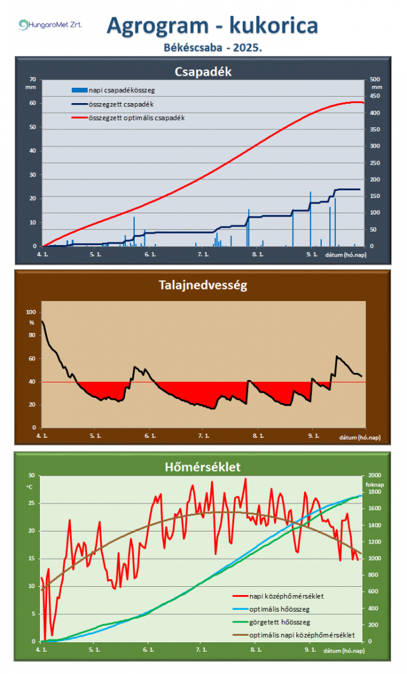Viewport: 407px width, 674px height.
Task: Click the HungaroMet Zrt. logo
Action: coord(50,25)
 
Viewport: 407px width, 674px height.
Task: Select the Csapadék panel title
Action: coord(203,72)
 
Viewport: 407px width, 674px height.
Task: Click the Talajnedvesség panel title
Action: coord(203,285)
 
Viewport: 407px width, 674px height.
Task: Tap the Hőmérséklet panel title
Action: coord(203,467)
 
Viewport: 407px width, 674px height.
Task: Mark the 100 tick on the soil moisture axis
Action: coord(31,312)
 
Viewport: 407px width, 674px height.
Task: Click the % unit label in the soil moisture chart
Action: coord(32,323)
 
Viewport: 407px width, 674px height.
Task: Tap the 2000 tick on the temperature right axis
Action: coord(375,475)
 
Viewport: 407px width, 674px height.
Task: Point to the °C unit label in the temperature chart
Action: coord(29,486)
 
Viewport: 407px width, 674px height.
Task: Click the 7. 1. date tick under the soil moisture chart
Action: coord(203,437)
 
